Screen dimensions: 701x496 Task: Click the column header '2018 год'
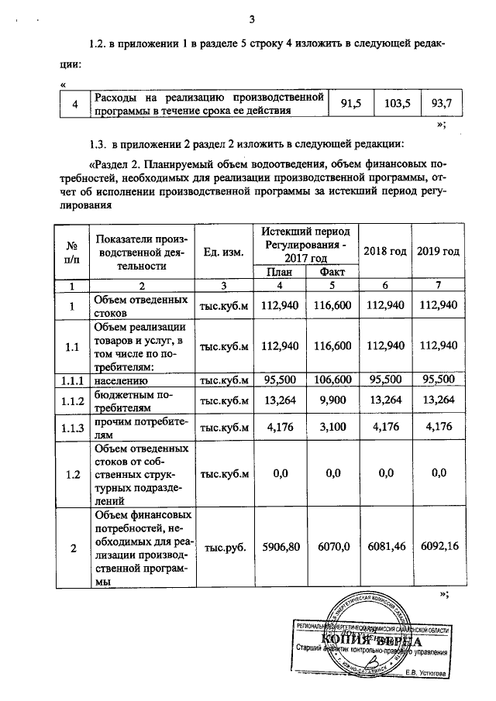tap(384, 252)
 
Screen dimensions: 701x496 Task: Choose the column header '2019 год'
tap(438, 252)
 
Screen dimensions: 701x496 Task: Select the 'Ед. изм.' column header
tap(223, 252)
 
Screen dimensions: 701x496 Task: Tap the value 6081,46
tap(384, 547)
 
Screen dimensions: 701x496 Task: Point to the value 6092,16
tap(439, 547)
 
